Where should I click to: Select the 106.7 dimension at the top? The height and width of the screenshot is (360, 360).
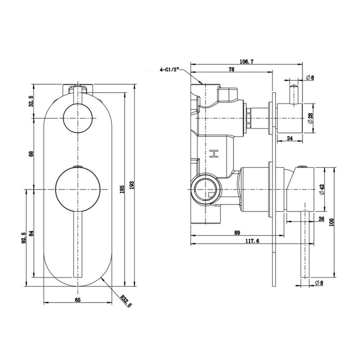(247, 61)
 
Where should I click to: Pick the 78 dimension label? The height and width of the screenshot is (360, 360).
(231, 70)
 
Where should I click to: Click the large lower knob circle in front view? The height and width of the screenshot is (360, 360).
(77, 190)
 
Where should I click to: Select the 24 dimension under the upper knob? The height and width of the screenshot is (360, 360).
(290, 139)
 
